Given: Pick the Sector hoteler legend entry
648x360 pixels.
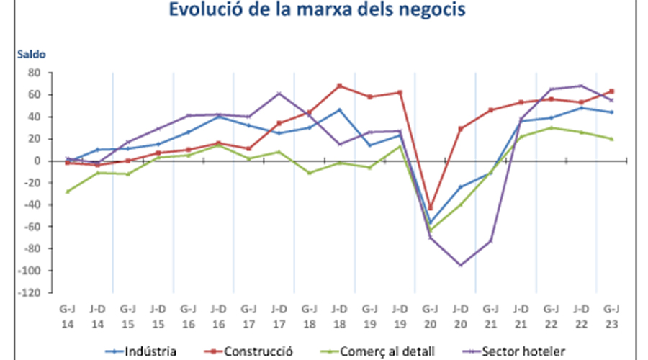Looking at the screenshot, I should click(x=523, y=351).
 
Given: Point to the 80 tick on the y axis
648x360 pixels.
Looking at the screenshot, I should click(x=33, y=73).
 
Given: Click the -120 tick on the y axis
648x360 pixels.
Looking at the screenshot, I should click(x=30, y=293).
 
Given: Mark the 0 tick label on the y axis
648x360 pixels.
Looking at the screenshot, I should click(x=36, y=161).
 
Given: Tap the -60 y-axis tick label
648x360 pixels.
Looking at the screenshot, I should click(x=32, y=227).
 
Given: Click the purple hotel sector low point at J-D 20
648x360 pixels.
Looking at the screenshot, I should click(x=460, y=265).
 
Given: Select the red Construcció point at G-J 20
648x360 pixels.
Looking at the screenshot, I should click(x=431, y=208).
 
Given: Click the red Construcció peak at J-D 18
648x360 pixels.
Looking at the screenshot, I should click(x=340, y=86).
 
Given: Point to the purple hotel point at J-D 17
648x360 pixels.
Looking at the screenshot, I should click(x=279, y=94).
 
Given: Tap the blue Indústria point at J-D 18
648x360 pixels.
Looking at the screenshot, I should click(x=340, y=110).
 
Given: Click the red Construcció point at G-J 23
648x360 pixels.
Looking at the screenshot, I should click(x=611, y=91).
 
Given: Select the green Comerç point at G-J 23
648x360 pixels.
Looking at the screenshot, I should click(x=611, y=139).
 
